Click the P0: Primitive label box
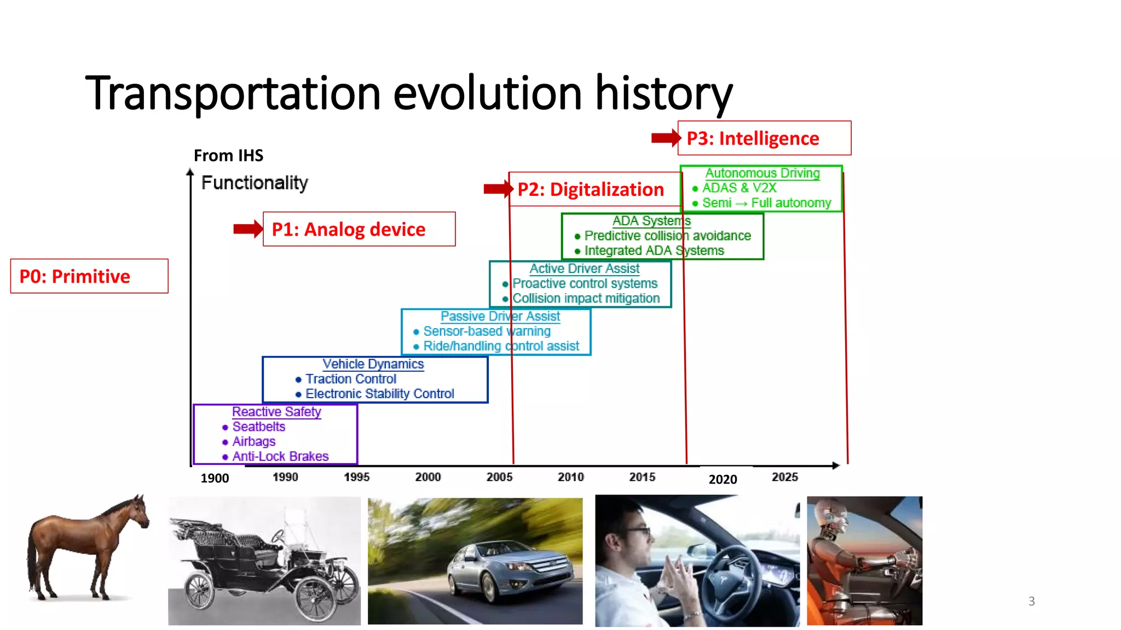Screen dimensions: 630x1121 pos(89,276)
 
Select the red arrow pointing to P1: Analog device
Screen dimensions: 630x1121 pos(248,229)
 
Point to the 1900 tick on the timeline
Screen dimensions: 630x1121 pos(215,478)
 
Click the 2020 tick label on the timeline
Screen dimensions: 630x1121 pos(723,479)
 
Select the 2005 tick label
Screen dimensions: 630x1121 pos(499,477)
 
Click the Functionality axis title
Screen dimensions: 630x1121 pos(255,183)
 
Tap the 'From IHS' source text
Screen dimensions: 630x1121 pos(228,156)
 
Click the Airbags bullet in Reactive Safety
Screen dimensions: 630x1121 pos(253,441)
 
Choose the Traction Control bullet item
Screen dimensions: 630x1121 pos(350,379)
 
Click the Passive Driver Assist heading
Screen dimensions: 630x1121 pos(500,317)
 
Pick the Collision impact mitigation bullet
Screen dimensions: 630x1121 pos(586,299)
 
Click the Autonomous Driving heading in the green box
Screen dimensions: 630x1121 pos(762,173)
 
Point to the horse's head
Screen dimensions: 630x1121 pos(137,511)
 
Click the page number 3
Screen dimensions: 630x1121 pos(1031,601)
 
